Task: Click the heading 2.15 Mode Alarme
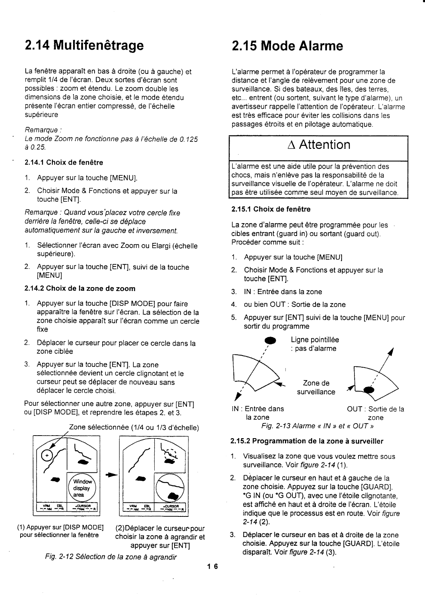coord(287,46)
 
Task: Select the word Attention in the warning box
coord(324,145)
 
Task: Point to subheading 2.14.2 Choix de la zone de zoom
coord(80,289)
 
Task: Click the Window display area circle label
coord(82,488)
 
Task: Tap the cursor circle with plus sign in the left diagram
coord(47,455)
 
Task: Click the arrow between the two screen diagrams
coord(109,476)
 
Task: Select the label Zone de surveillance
coord(316,387)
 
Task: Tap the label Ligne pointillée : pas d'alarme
coord(314,344)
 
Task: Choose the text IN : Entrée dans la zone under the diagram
coord(257,413)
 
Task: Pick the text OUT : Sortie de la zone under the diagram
coord(375,413)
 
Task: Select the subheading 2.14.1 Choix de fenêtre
coord(64,162)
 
